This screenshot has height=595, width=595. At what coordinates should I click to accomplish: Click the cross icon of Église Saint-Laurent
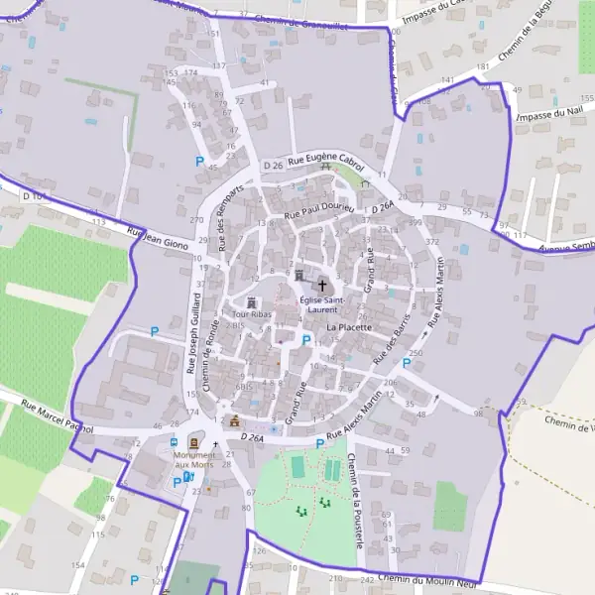[x=321, y=285]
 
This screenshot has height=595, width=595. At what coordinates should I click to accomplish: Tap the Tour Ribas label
[x=252, y=314]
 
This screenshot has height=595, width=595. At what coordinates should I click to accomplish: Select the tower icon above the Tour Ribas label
[x=252, y=300]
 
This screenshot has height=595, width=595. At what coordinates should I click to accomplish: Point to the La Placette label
[x=348, y=327]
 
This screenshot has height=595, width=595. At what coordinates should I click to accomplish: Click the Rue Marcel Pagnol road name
[x=56, y=415]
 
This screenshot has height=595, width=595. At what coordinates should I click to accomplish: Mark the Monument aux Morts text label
[x=193, y=459]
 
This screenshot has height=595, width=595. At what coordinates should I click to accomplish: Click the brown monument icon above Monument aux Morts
[x=194, y=441]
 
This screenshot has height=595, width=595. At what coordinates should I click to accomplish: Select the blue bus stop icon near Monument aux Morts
[x=175, y=442]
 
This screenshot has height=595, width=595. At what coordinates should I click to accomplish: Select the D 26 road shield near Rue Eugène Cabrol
[x=273, y=166]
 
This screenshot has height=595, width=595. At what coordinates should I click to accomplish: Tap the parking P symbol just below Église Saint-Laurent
[x=305, y=340]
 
